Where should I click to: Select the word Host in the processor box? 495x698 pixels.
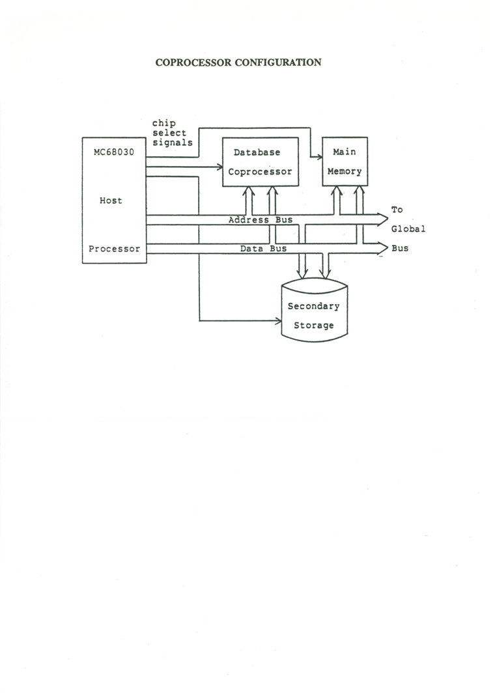[111, 201]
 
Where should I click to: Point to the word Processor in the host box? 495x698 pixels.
[115, 249]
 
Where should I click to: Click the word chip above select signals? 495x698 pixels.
[164, 123]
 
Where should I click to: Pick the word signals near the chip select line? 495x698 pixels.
[173, 143]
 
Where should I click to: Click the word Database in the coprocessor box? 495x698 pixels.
[257, 152]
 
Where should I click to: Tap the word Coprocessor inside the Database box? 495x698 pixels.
[260, 173]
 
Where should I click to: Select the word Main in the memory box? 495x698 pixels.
[345, 152]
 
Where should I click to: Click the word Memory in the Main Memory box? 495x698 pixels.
[345, 173]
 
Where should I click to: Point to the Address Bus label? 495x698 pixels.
[261, 220]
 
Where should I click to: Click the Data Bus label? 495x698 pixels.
[264, 249]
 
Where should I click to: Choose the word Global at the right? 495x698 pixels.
[408, 229]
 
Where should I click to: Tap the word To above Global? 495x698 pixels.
[397, 210]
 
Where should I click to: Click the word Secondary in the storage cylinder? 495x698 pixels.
[313, 306]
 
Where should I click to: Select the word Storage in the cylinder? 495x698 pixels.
[313, 326]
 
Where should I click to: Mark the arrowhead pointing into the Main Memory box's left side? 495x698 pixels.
[320, 157]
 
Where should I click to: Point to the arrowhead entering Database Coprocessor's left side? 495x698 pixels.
[219, 167]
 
